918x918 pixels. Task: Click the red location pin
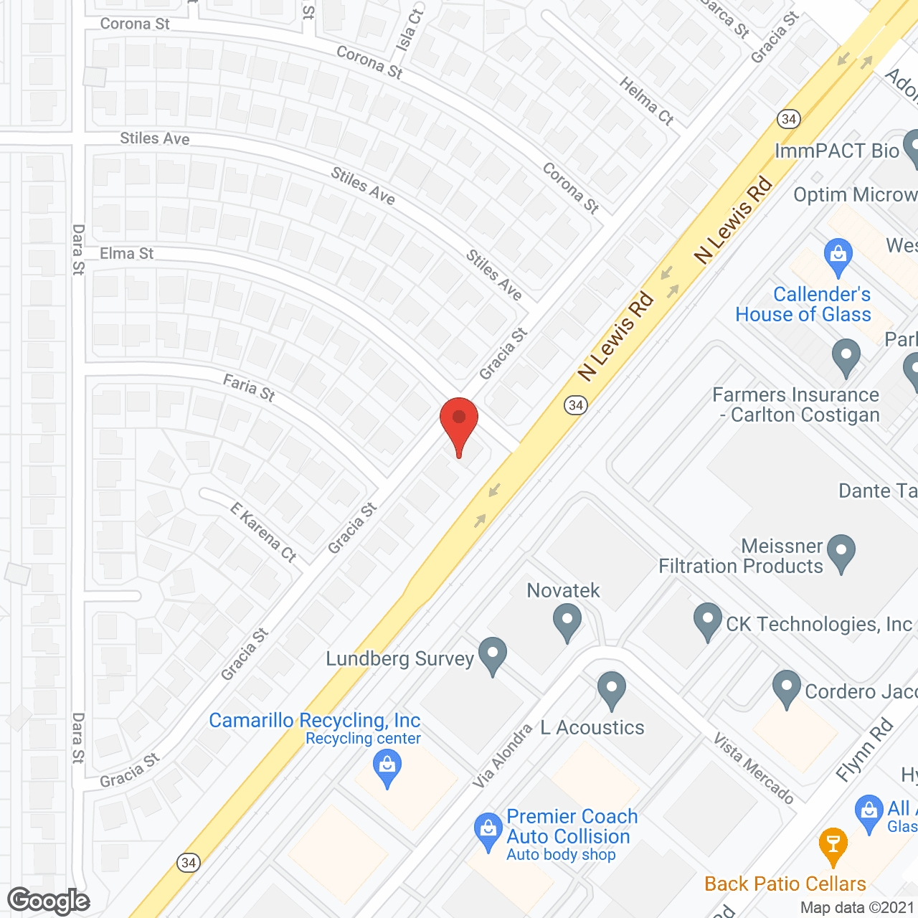[459, 423]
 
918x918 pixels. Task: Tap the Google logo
[49, 901]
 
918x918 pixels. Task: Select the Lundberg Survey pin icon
[492, 655]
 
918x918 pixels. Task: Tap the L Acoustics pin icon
[611, 689]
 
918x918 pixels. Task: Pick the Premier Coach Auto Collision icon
[488, 831]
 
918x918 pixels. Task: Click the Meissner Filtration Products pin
[841, 552]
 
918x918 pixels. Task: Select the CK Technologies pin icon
[708, 620]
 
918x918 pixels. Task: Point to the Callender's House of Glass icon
[838, 255]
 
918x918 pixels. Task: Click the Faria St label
[249, 387]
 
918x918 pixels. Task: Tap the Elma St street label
[127, 253]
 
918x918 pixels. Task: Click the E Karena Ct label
[263, 531]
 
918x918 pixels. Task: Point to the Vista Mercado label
[754, 768]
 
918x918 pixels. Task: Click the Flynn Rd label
[865, 749]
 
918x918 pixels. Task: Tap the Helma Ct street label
[646, 101]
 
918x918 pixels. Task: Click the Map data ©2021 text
[857, 907]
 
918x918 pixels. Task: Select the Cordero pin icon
[787, 688]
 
